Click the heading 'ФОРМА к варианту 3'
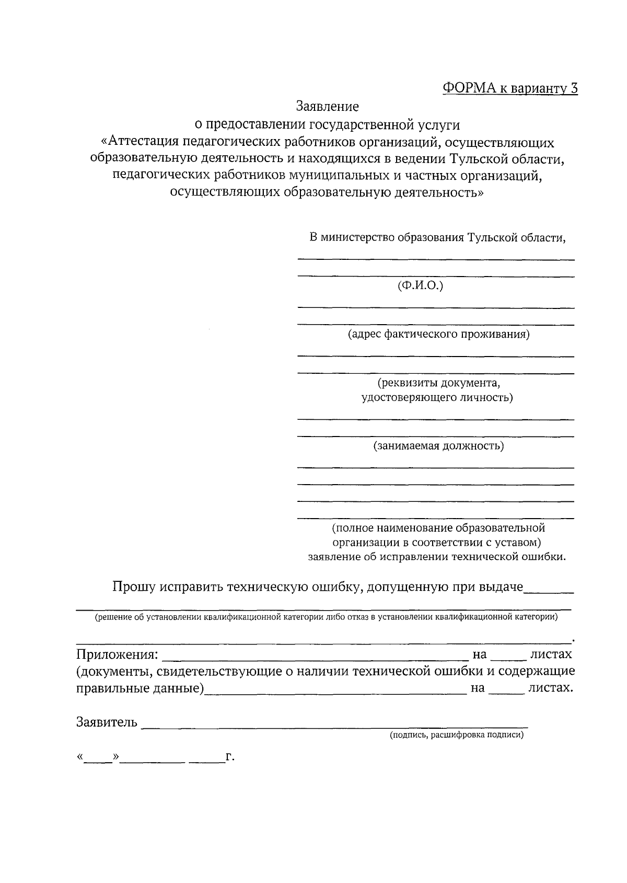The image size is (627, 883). [510, 88]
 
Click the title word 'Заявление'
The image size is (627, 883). [328, 107]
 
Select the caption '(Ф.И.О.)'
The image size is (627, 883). [420, 286]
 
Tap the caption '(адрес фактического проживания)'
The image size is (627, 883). [439, 334]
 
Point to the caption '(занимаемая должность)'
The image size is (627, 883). [438, 446]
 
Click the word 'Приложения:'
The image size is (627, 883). [117, 654]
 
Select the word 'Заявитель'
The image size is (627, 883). [107, 723]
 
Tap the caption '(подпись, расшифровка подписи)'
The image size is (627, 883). [456, 735]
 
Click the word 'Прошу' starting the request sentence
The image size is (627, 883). [134, 587]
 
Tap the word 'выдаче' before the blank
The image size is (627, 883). [503, 587]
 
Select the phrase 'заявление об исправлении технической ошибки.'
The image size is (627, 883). [437, 557]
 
